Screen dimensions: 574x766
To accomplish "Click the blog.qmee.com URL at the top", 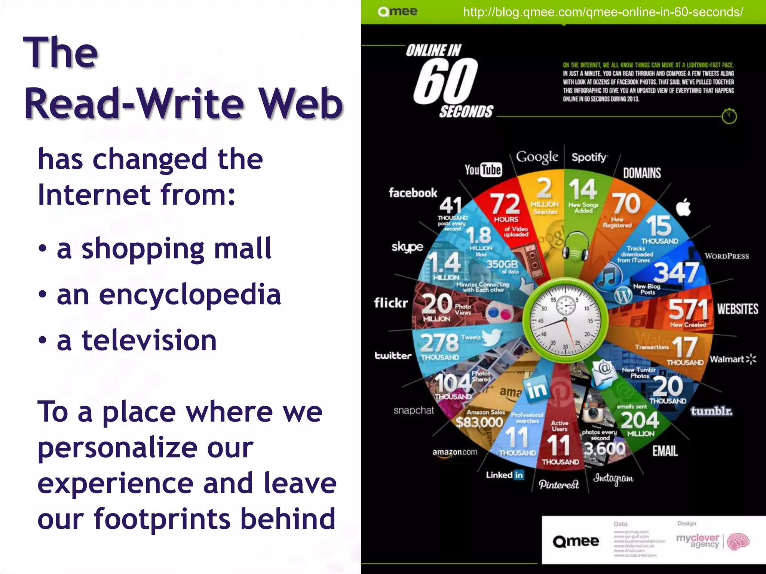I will [603, 12].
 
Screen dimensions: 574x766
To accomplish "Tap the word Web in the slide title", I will [301, 104].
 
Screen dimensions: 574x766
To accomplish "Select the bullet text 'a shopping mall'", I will [164, 249].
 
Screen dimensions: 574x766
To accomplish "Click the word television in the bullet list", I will [149, 340].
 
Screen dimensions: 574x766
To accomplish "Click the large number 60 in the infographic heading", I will [445, 81].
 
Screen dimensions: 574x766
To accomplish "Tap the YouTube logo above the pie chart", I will [483, 170].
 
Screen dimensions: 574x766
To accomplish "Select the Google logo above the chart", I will [537, 157].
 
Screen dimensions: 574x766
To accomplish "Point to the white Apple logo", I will [684, 208].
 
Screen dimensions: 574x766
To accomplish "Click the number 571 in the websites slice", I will [688, 309].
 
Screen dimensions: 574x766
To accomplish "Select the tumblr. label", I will [711, 411].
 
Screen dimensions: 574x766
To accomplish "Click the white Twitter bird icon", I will [492, 337].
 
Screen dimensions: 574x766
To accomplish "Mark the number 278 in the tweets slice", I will [439, 342].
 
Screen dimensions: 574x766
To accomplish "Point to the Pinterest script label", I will [559, 485].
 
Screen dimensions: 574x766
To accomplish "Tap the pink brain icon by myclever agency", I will [738, 541].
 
